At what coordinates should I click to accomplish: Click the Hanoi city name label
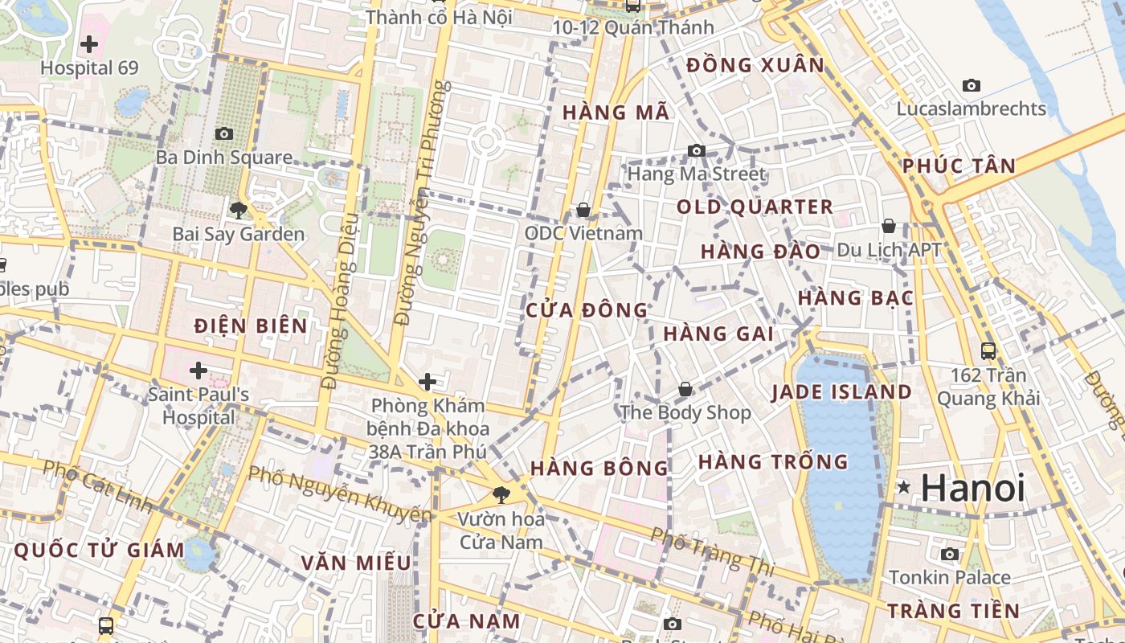click(x=973, y=488)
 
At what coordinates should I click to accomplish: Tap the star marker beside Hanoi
click(x=905, y=486)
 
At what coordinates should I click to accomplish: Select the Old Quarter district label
click(x=755, y=207)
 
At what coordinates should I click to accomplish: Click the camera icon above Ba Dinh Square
click(x=223, y=133)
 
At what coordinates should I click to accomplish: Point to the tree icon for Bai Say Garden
click(x=238, y=211)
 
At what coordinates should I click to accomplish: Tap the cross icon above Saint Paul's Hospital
click(x=198, y=371)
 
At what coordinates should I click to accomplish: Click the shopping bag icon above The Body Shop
click(x=685, y=389)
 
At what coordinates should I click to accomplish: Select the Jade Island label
click(x=841, y=392)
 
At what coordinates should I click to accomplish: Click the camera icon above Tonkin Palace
click(x=950, y=554)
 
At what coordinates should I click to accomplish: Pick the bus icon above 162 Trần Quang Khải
click(x=988, y=350)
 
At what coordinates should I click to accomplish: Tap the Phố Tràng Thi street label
click(x=711, y=551)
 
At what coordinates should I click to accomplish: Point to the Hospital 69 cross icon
click(x=89, y=43)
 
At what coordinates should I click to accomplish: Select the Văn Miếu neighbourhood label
click(x=356, y=563)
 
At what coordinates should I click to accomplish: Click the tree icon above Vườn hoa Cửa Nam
click(x=501, y=494)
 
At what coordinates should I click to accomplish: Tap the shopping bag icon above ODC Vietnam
click(x=583, y=210)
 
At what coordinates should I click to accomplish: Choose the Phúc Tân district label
click(x=959, y=166)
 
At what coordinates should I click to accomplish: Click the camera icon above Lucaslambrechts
click(x=972, y=85)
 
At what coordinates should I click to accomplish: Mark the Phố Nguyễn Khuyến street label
click(x=339, y=491)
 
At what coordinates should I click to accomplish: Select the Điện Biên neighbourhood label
click(x=251, y=326)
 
